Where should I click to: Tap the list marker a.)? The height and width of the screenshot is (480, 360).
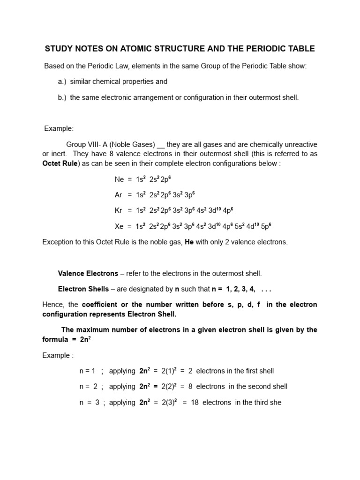pos(63,82)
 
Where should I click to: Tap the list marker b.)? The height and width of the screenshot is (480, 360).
pos(63,97)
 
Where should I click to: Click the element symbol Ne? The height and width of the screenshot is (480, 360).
pos(120,180)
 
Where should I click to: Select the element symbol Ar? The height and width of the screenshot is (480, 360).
pos(119,195)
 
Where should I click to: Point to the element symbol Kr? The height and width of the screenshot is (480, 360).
pos(119,210)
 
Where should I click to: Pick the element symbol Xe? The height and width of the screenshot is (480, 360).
pos(120,226)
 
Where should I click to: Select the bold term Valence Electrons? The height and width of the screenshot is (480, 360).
pos(87,273)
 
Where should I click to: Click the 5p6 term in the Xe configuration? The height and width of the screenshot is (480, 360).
pos(266,226)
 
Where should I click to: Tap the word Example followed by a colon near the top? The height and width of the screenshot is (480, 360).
pos(59,128)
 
